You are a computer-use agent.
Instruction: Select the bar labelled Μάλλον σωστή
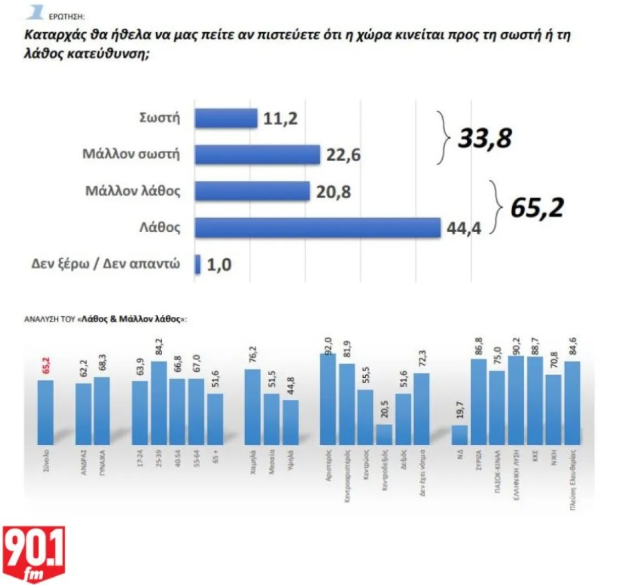[257, 154]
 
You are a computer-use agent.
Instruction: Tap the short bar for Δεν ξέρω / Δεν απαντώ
[198, 264]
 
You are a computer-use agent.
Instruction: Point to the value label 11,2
[279, 119]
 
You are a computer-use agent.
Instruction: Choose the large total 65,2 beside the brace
[536, 207]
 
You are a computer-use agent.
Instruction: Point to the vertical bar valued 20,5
[385, 434]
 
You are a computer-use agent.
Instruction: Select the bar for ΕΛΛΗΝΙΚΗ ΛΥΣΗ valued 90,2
[516, 400]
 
